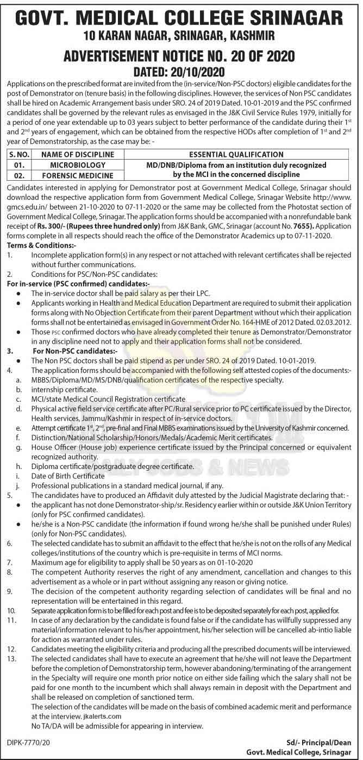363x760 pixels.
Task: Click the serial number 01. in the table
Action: coord(20,164)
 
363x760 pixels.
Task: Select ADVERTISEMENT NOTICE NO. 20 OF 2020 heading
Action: coord(179,56)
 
